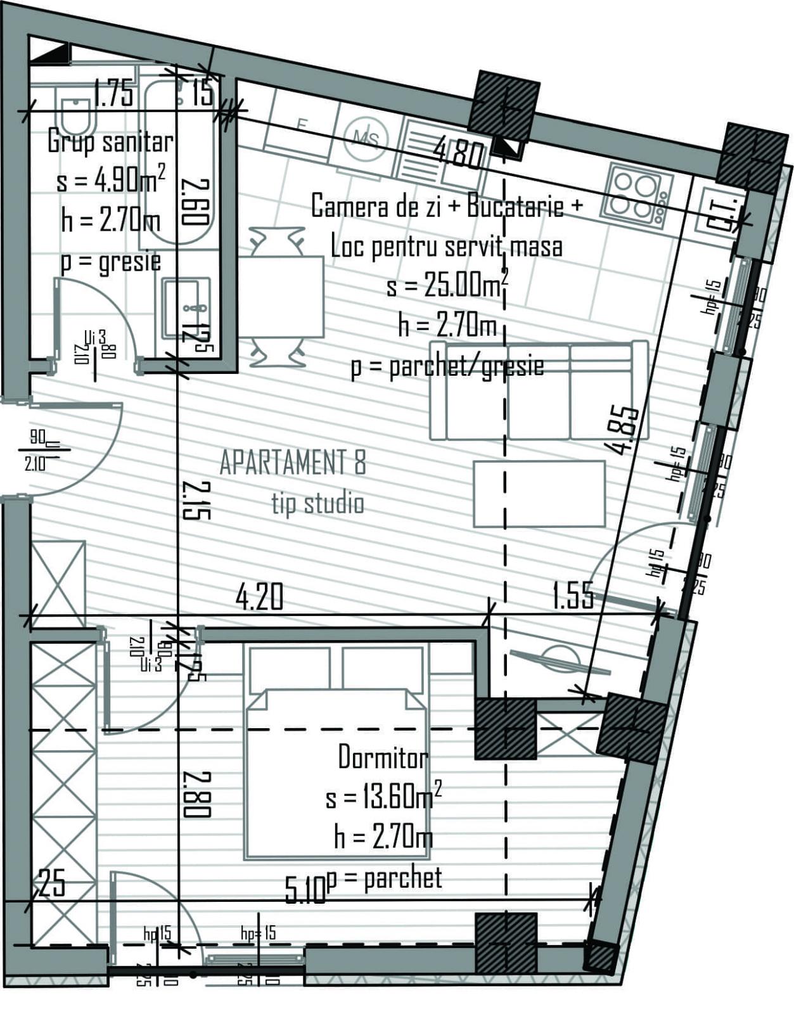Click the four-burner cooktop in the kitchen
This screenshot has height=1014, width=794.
pyautogui.click(x=636, y=194)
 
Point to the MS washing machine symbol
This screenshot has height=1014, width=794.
pyautogui.click(x=366, y=139)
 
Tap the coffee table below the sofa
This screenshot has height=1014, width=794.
pyautogui.click(x=539, y=494)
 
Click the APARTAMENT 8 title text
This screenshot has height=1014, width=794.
pyautogui.click(x=293, y=463)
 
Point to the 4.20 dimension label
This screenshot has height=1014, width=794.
pyautogui.click(x=259, y=597)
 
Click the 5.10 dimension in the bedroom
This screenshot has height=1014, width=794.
pyautogui.click(x=305, y=889)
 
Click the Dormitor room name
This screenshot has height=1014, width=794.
pyautogui.click(x=383, y=757)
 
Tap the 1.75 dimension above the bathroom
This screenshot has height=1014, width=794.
pyautogui.click(x=114, y=94)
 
